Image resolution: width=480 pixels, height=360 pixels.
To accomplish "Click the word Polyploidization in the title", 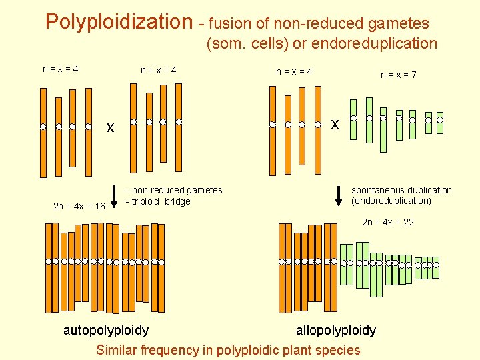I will pyautogui.click(x=119, y=22).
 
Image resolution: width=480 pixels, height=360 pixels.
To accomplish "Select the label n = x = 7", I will pyautogui.click(x=399, y=75).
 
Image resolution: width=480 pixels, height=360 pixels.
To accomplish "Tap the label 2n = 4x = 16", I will pyautogui.click(x=79, y=206).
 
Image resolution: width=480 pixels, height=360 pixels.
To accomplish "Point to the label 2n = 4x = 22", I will pyautogui.click(x=388, y=222).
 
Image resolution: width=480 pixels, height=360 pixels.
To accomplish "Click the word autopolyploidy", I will pyautogui.click(x=106, y=330).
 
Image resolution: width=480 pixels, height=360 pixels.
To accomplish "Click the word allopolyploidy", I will pyautogui.click(x=336, y=330).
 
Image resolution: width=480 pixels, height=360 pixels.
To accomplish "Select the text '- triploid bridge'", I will pyautogui.click(x=158, y=201).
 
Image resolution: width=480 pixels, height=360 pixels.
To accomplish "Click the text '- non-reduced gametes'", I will pyautogui.click(x=174, y=191).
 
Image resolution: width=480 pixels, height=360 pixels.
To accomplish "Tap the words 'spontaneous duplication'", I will pyautogui.click(x=401, y=190).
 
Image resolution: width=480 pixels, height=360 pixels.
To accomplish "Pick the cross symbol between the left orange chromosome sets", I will pyautogui.click(x=111, y=127).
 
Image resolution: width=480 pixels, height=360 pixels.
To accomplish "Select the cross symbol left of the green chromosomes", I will pyautogui.click(x=335, y=124).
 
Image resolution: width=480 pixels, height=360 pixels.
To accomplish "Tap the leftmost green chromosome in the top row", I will pyautogui.click(x=353, y=120).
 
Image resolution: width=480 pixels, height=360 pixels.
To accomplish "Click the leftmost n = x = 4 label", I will pyautogui.click(x=61, y=69).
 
